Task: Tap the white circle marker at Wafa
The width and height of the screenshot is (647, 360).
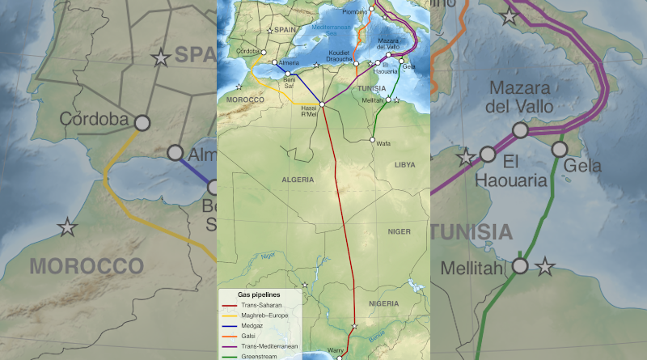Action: pyautogui.click(x=373, y=140)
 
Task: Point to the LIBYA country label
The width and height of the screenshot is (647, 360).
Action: pyautogui.click(x=404, y=164)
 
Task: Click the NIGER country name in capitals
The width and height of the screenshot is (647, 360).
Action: pyautogui.click(x=399, y=231)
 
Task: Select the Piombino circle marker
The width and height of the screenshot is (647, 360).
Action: pyautogui.click(x=372, y=11)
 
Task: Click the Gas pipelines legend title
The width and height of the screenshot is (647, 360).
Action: pyautogui.click(x=258, y=295)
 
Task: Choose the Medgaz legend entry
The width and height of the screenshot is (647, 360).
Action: pyautogui.click(x=252, y=326)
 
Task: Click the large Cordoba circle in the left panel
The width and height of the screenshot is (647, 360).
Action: pyautogui.click(x=142, y=123)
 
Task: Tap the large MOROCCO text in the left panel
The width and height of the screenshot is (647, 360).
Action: pyautogui.click(x=87, y=265)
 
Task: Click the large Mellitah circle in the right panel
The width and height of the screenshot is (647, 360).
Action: pyautogui.click(x=520, y=265)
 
